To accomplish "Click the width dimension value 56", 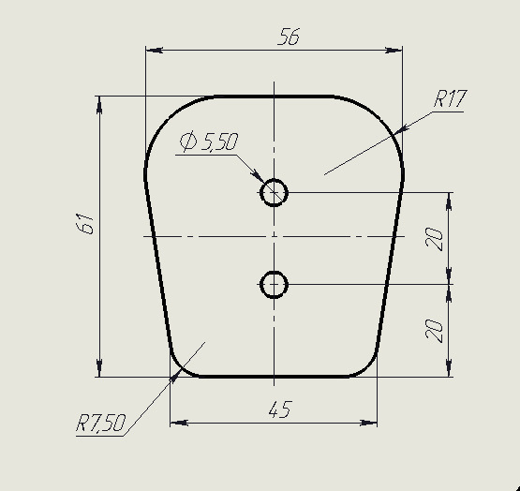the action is (x=289, y=37).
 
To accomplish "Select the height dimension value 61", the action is (x=84, y=224).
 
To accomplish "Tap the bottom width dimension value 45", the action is (x=280, y=409).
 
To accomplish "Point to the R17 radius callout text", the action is (x=450, y=98).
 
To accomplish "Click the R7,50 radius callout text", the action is (x=101, y=423).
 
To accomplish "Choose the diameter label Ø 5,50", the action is (x=209, y=141).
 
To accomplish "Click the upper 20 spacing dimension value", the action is (x=434, y=239).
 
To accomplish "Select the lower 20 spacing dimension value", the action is (x=434, y=331).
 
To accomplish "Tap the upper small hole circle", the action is (x=274, y=179).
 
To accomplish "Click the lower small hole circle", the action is (x=274, y=272).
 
